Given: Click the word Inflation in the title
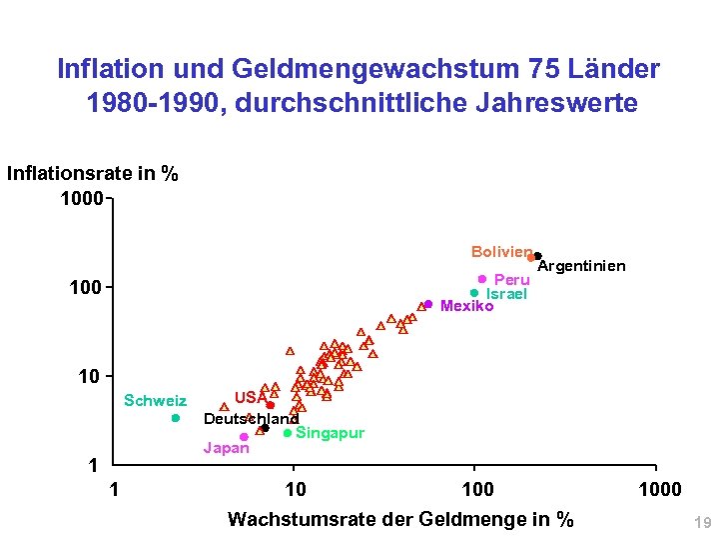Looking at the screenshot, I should pos(102,69).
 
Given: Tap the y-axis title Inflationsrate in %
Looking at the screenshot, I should pos(93,173).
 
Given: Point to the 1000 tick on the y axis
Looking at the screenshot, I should pos(81,199).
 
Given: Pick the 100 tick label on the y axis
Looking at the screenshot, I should pos(85,289).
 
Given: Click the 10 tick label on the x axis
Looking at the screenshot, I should pos(296,489).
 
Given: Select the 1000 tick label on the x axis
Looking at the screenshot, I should pos(659,489).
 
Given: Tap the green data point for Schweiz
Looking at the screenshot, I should pos(175,418).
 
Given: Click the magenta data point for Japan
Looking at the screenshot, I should pos(244,437).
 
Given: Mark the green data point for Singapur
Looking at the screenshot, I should pos(288,433).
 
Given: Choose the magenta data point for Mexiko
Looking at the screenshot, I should pos(428,304).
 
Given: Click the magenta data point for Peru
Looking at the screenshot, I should pos(482,279).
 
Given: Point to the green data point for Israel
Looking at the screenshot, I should pos(474,293).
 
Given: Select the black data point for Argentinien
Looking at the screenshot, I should pos(537,256).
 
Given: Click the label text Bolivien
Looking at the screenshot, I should pos(500,250).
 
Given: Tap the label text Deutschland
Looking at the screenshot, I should pos(251,418).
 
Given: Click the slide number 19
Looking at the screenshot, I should pos(701,522).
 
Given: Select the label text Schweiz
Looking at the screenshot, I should pos(155,401).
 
